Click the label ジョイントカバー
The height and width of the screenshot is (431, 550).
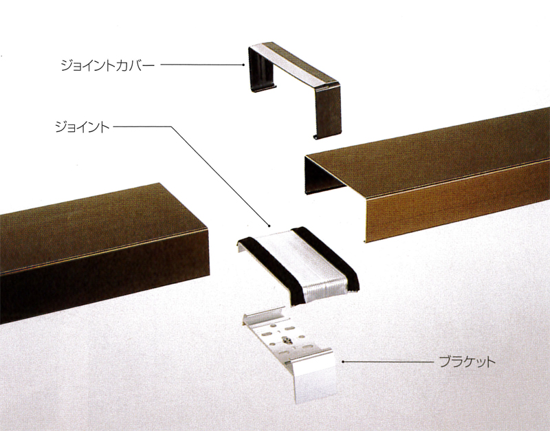tap(108, 65)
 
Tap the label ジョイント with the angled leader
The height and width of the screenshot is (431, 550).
tap(82, 126)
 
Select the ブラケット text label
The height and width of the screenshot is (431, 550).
tap(467, 361)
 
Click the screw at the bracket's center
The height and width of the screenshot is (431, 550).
tap(287, 339)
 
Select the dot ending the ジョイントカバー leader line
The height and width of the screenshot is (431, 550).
tap(243, 65)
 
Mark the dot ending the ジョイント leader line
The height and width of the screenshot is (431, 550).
tap(269, 225)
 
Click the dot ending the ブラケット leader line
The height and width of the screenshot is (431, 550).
tap(343, 361)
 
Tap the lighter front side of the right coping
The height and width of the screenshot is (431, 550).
tap(456, 203)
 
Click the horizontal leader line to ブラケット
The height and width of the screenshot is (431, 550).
tap(388, 361)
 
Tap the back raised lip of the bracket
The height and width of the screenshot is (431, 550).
tap(264, 316)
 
